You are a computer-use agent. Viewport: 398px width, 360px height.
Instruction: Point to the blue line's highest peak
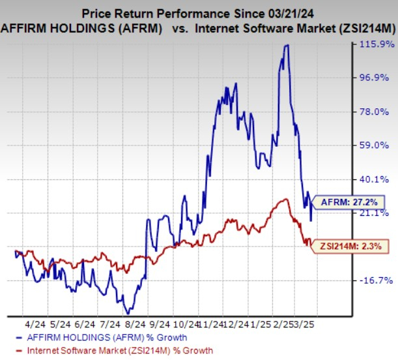pos(286,45)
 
